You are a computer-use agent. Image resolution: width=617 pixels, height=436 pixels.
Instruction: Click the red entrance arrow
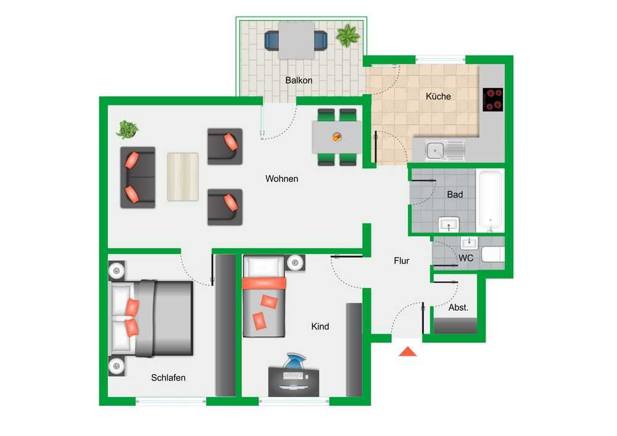click(408, 352)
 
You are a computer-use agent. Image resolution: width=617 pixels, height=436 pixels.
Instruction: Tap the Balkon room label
click(299, 80)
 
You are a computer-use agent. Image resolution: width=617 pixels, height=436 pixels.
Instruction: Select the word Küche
click(438, 96)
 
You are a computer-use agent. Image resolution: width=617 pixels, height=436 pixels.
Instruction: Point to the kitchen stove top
click(492, 99)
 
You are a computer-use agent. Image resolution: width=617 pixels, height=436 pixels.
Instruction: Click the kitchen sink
click(445, 150)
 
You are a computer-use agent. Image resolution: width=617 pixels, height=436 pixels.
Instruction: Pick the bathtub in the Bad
click(490, 200)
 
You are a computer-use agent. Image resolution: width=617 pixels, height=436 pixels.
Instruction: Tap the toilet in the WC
click(493, 254)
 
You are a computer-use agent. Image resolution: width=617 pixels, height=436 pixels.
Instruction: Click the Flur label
click(402, 261)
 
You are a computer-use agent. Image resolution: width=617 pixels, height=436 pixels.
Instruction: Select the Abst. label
click(458, 308)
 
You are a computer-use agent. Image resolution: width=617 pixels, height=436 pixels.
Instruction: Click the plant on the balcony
click(347, 35)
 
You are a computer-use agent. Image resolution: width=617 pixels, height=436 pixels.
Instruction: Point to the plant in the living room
click(127, 130)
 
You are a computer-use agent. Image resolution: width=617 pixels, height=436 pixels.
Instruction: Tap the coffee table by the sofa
click(183, 177)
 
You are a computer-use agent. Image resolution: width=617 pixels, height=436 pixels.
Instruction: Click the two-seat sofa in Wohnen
click(138, 178)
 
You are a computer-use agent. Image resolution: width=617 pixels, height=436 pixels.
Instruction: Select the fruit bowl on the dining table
click(337, 137)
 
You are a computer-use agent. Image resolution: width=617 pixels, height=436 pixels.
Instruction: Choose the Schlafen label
click(168, 378)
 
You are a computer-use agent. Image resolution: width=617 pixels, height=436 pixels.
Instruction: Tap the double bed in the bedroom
click(152, 318)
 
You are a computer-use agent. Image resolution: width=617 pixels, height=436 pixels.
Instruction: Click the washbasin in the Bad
click(449, 224)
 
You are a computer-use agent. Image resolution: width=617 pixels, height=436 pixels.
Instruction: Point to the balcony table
click(296, 41)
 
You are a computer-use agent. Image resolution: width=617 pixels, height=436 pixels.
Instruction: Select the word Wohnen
click(282, 179)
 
